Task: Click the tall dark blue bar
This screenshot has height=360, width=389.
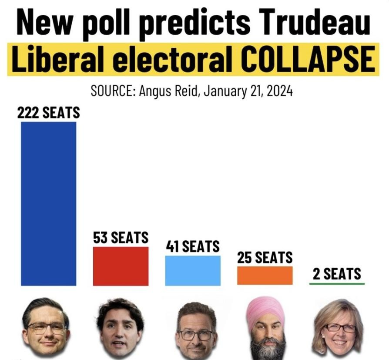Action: pyautogui.click(x=49, y=203)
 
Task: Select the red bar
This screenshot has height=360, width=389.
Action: pyautogui.click(x=121, y=266)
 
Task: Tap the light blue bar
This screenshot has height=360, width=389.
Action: pyautogui.click(x=193, y=270)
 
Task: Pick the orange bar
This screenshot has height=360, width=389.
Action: pyautogui.click(x=265, y=276)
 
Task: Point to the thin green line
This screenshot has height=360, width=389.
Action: pyautogui.click(x=337, y=284)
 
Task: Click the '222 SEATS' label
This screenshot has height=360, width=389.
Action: pyautogui.click(x=49, y=113)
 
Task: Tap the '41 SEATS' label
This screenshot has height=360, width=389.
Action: pyautogui.click(x=193, y=247)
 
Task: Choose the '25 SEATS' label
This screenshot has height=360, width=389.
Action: pyautogui.click(x=265, y=258)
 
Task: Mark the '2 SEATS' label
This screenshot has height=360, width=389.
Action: pyautogui.click(x=337, y=274)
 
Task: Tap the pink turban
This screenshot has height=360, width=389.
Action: pyautogui.click(x=265, y=310)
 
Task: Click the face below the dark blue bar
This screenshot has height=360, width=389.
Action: pyautogui.click(x=46, y=326)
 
